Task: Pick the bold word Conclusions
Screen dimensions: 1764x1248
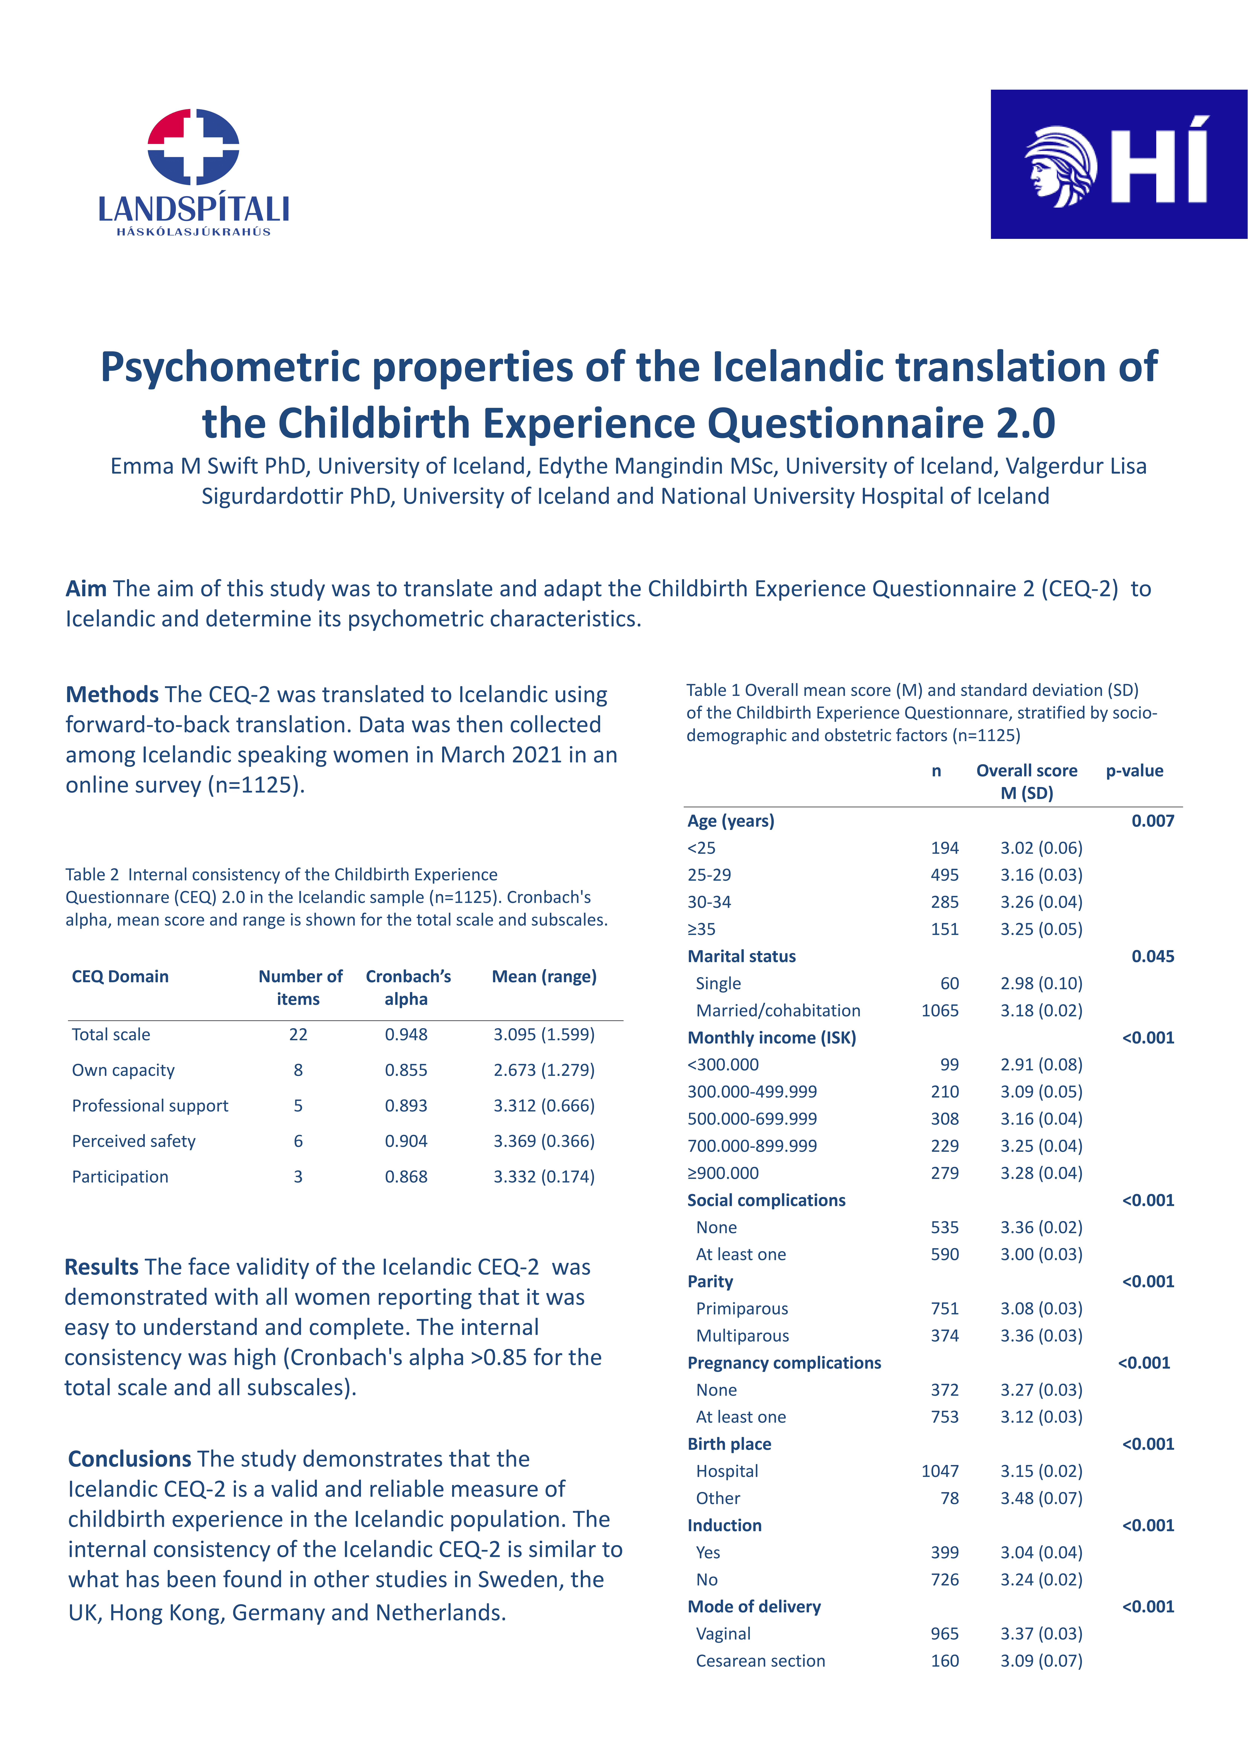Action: coord(129,1459)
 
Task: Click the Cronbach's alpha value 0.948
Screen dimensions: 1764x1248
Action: coord(406,1035)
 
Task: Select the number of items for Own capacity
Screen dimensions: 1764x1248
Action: coord(298,1070)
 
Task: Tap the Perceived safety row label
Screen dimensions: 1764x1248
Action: coord(134,1142)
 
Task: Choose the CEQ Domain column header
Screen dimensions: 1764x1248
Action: coord(120,977)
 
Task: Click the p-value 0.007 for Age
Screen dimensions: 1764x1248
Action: coord(1153,821)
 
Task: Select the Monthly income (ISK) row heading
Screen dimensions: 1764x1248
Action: coord(772,1038)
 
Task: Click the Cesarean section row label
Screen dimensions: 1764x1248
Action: coord(760,1661)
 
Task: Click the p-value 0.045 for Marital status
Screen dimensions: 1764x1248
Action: coord(1153,957)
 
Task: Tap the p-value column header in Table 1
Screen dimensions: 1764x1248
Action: coord(1134,771)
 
